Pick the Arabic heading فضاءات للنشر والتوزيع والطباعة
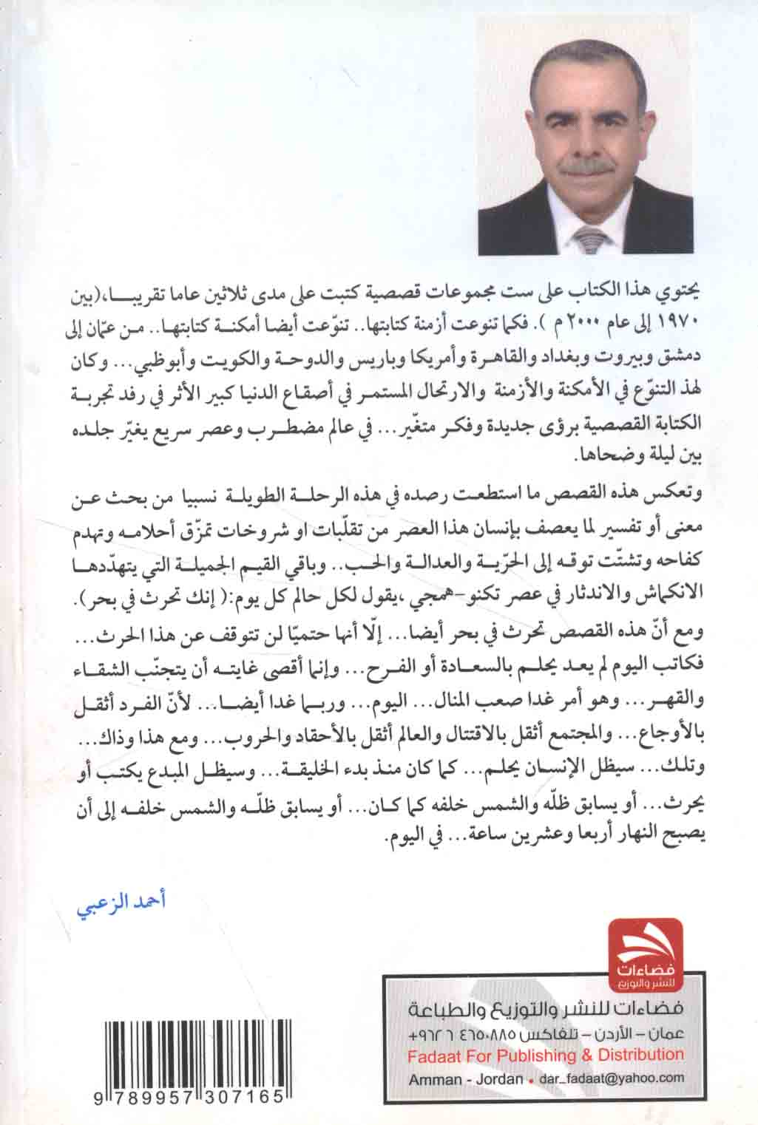(x=546, y=1010)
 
